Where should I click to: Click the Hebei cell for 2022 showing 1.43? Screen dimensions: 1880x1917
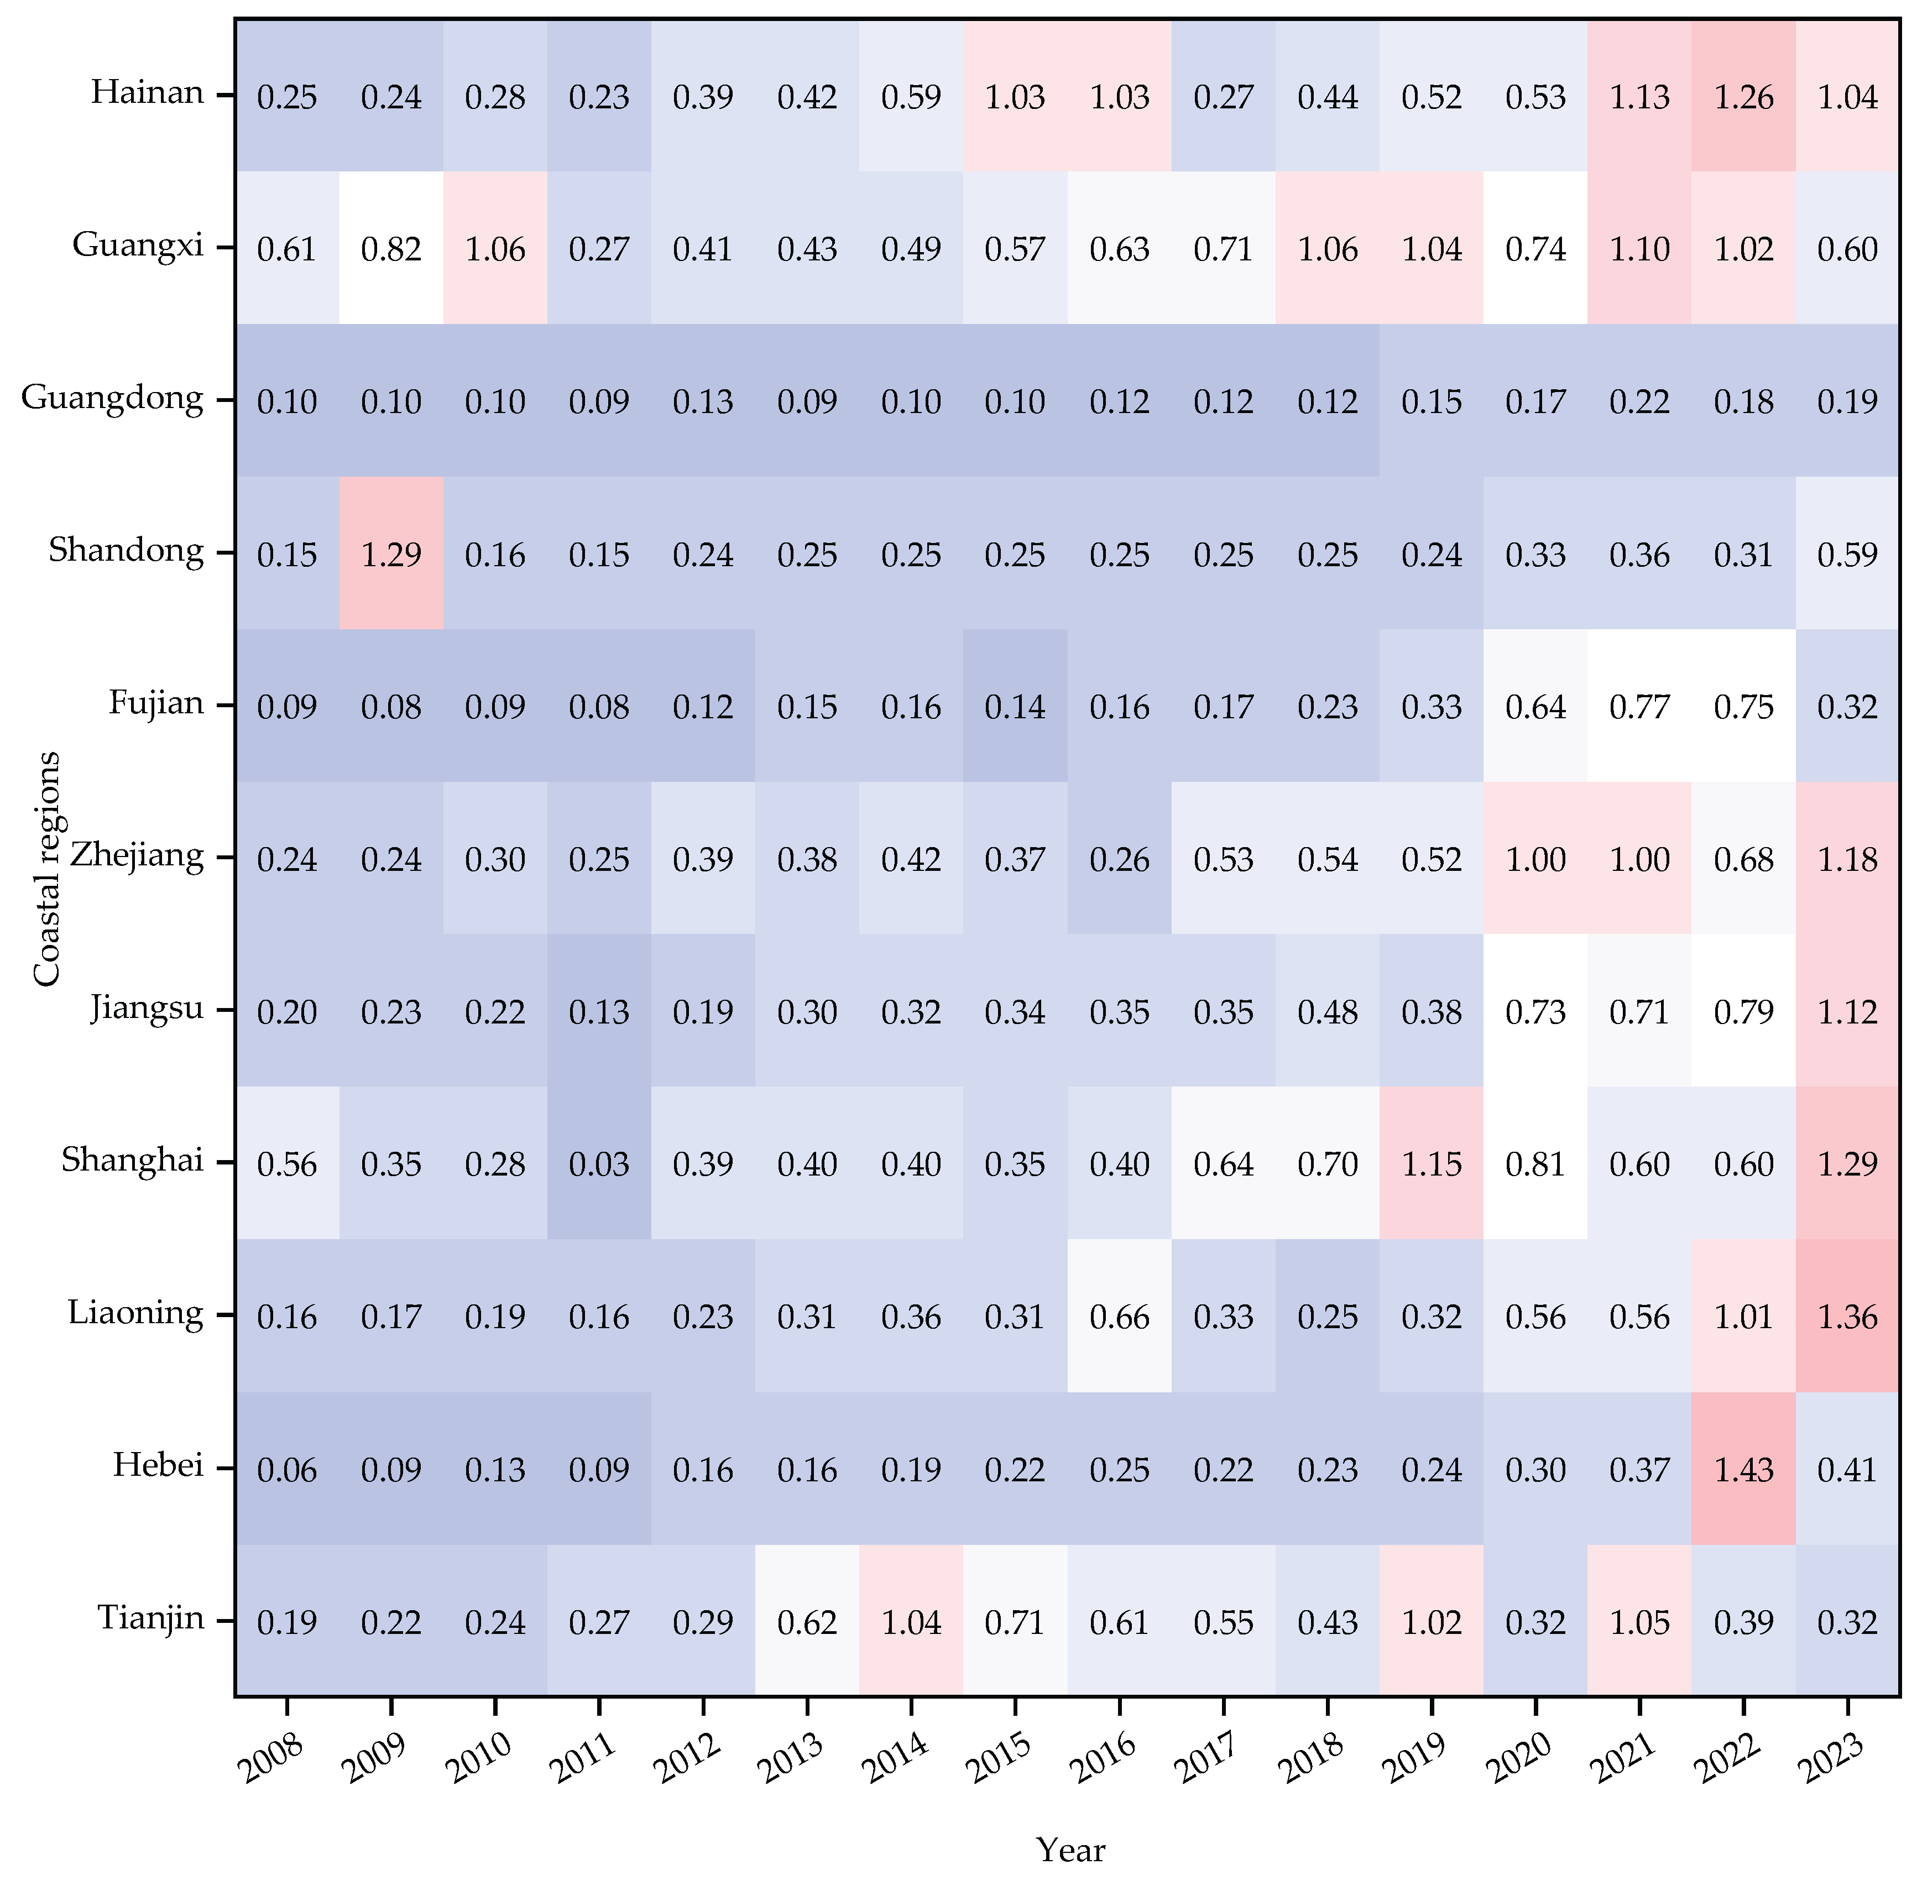click(1743, 1469)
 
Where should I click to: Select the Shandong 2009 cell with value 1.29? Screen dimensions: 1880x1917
click(391, 554)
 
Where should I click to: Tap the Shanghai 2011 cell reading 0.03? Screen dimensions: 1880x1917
click(599, 1164)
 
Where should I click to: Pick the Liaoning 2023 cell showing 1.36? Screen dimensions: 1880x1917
click(1847, 1316)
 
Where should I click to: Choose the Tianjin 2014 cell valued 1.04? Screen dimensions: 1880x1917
click(911, 1622)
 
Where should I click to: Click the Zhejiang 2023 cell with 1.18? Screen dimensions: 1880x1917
click(1847, 859)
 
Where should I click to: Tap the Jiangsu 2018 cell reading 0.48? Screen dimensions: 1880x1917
click(1328, 1012)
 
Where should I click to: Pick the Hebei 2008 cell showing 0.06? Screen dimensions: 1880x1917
click(288, 1469)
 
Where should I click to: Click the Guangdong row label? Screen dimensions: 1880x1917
click(113, 399)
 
